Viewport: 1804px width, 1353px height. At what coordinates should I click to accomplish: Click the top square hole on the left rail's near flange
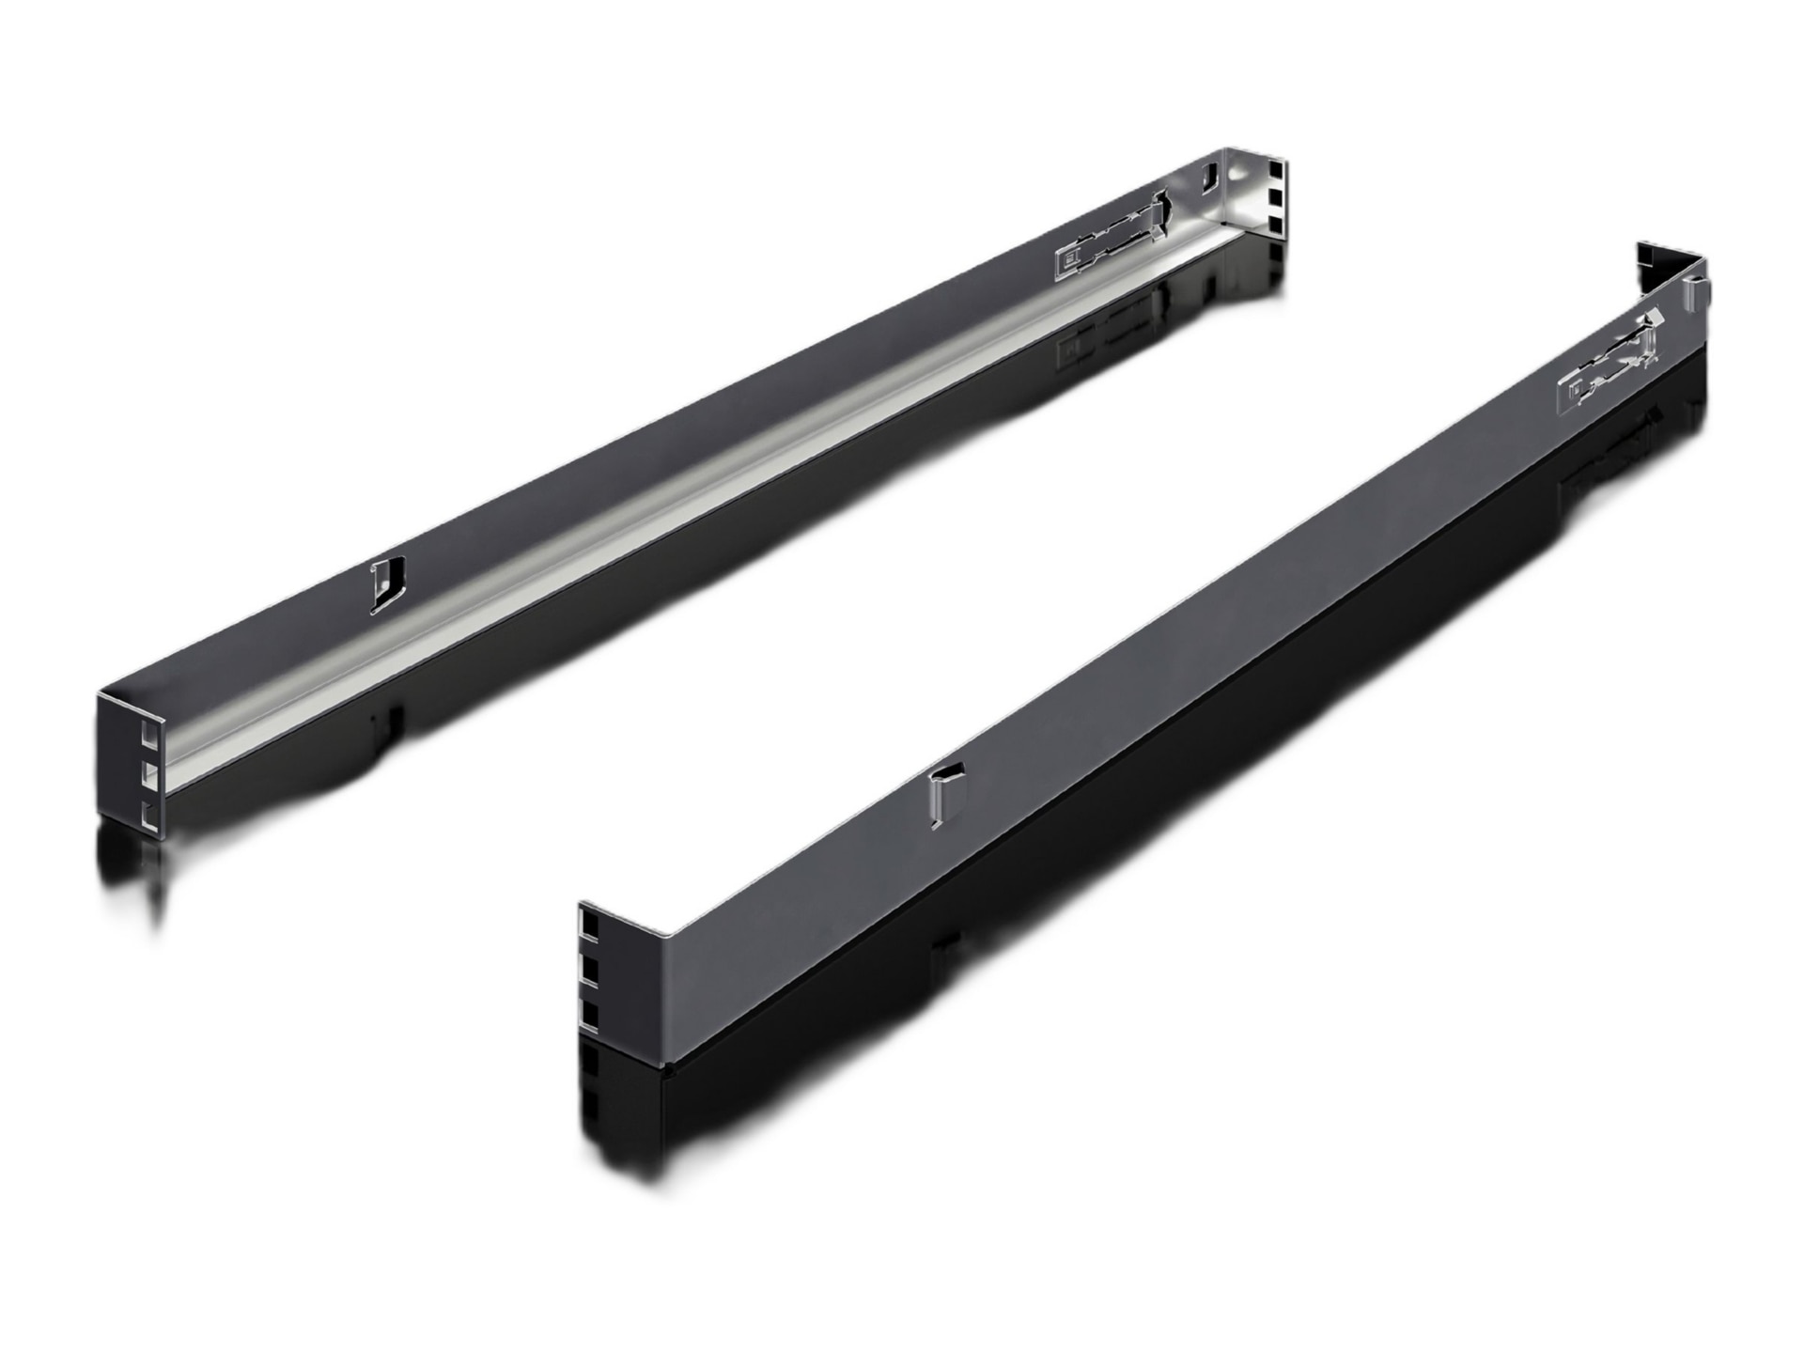coord(148,728)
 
